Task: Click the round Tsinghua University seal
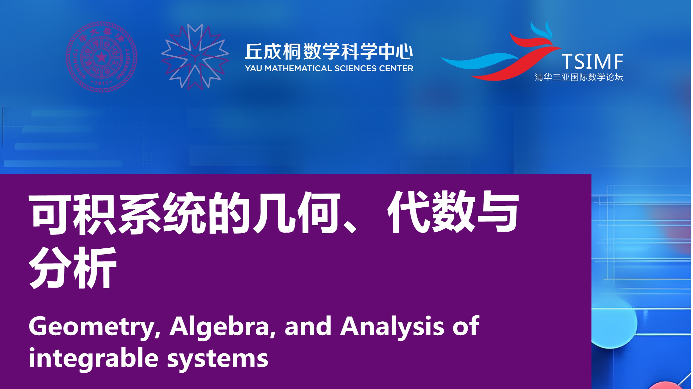coord(101,57)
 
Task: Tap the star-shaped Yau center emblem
coord(195,57)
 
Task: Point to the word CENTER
coord(396,69)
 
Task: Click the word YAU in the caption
coord(254,69)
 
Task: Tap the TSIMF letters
coord(592,61)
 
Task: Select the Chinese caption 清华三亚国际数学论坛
coord(579,77)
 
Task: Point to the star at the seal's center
coord(101,57)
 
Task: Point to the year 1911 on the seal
coord(101,83)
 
